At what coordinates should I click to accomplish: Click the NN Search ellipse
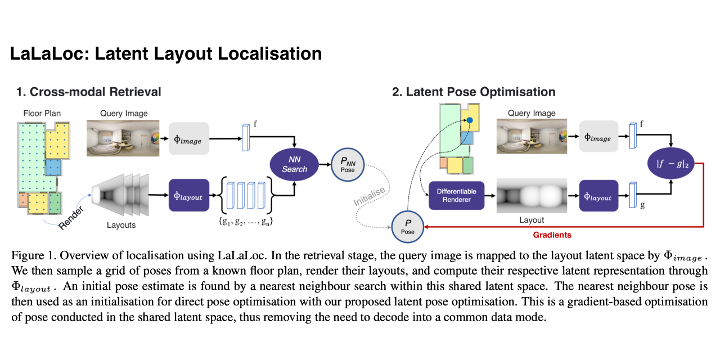(x=294, y=164)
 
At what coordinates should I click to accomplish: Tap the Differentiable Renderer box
(x=456, y=195)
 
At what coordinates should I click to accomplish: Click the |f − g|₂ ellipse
(x=670, y=165)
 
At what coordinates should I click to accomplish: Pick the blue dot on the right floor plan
(x=469, y=120)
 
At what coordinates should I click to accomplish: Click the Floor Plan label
(x=42, y=113)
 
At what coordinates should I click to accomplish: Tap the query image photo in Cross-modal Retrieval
(x=123, y=138)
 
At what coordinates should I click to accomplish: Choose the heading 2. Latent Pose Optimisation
(x=474, y=92)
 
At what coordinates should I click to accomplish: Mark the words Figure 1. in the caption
(x=31, y=256)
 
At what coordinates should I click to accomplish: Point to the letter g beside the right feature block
(x=642, y=206)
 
